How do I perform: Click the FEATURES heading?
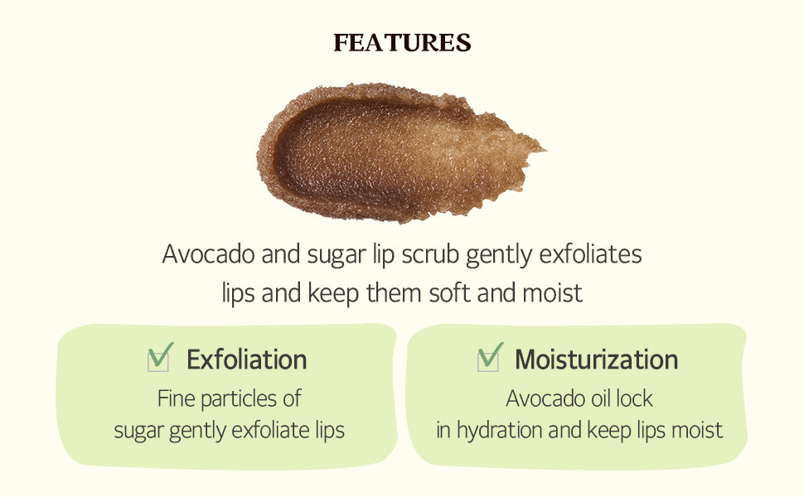(x=402, y=42)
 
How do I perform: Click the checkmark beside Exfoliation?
(x=160, y=357)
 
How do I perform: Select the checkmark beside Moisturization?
(x=490, y=357)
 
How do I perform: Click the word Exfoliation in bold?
(x=247, y=359)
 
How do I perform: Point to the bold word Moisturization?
(x=596, y=359)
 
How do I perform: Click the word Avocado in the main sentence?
(x=209, y=253)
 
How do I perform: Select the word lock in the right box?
(x=634, y=398)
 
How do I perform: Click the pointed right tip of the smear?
(x=545, y=150)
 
